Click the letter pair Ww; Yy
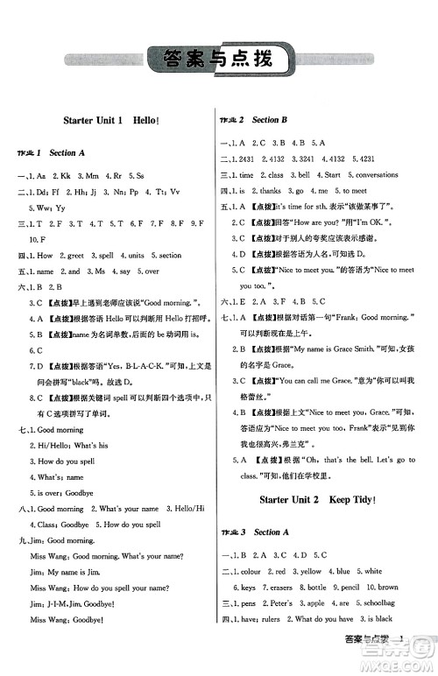point(42,208)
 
